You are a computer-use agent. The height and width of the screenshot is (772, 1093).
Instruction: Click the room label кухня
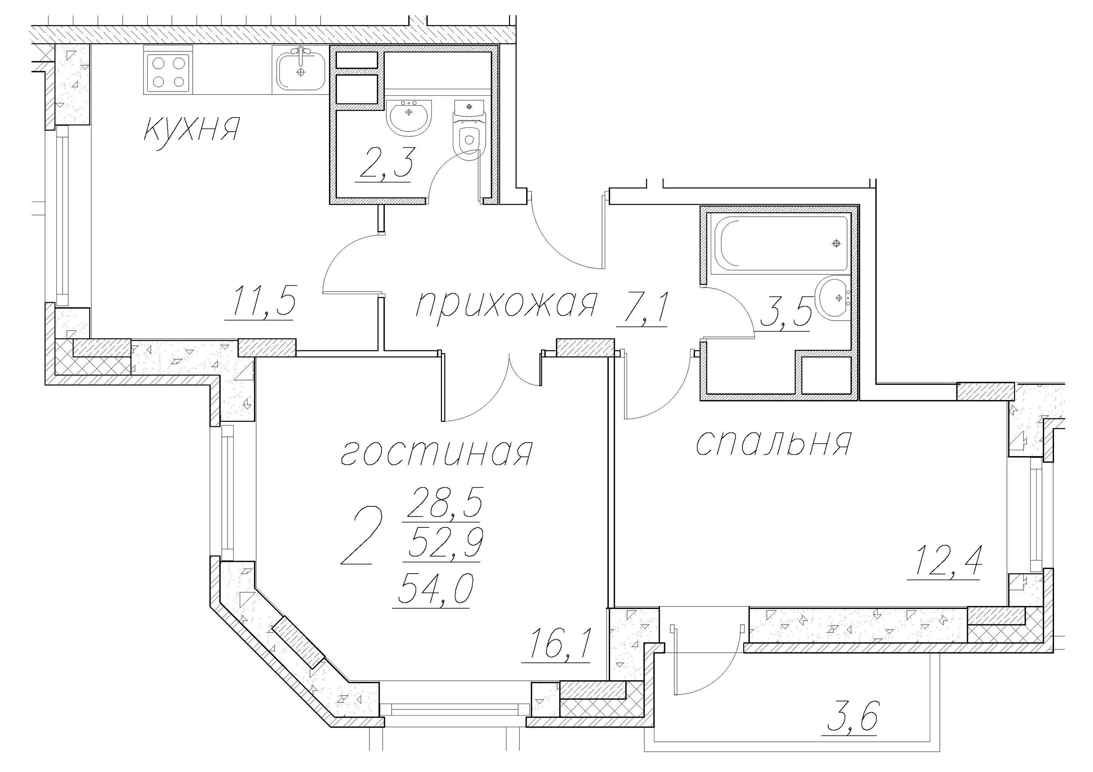tap(191, 129)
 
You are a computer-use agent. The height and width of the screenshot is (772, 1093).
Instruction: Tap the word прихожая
tap(506, 304)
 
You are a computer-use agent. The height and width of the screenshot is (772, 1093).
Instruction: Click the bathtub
tap(780, 244)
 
